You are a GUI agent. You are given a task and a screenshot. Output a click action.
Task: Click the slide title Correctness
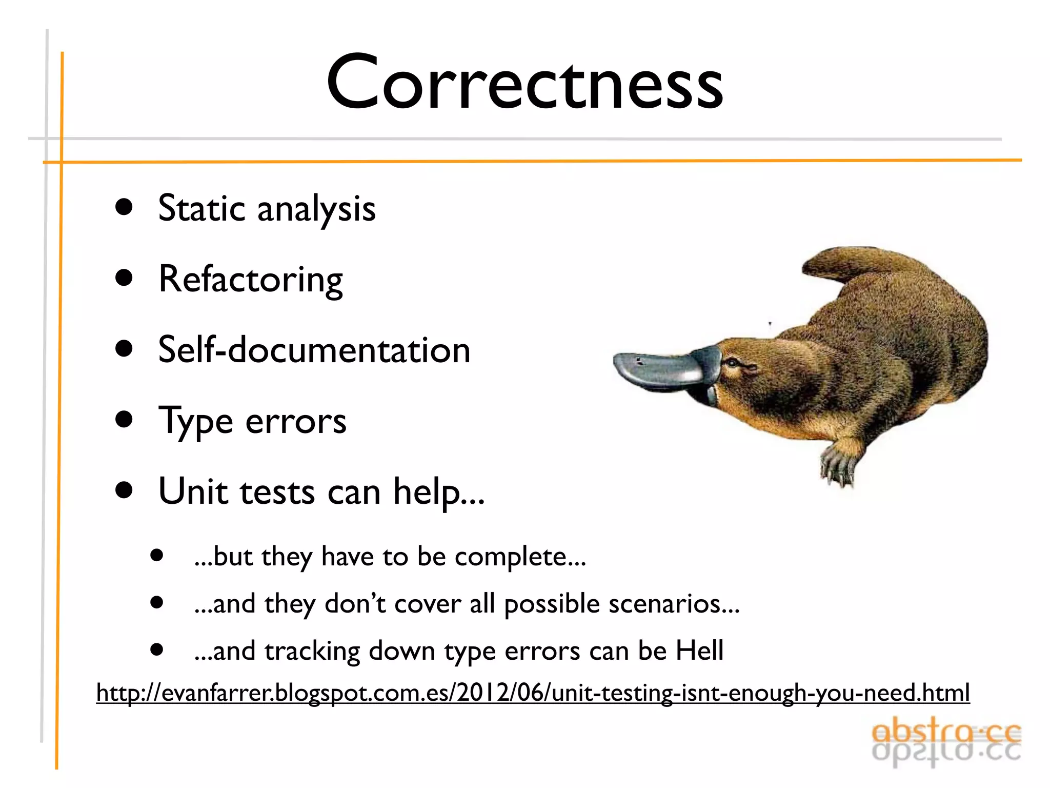524,82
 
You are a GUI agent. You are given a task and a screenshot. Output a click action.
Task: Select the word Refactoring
251,280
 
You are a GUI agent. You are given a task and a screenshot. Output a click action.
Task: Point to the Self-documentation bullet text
314,350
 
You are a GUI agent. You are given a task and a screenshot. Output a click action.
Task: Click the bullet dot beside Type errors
124,419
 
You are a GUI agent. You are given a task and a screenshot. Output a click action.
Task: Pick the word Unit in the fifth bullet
193,491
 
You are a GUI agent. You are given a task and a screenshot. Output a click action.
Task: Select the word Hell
699,651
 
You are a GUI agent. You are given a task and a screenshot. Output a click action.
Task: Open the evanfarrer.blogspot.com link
533,693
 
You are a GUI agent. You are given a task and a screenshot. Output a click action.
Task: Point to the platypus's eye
734,363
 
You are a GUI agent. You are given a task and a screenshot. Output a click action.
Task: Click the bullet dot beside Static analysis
124,207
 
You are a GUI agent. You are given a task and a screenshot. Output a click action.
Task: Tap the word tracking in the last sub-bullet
312,651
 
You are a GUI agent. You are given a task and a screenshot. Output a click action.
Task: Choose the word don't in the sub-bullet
354,604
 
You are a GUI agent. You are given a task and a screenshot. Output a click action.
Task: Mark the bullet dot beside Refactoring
124,278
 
